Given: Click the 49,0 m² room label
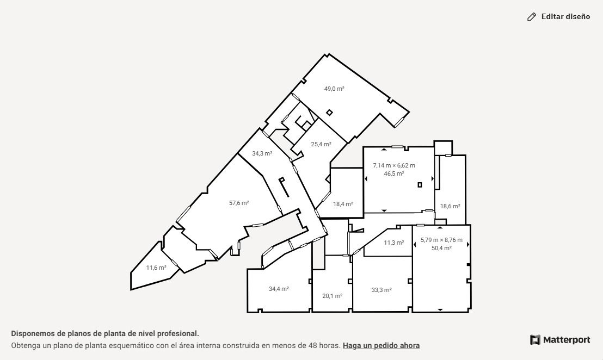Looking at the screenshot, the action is tap(334, 89).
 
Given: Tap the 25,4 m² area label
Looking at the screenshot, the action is tap(321, 145).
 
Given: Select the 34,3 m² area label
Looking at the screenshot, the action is tap(262, 153).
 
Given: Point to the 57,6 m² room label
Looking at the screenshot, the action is tap(239, 203).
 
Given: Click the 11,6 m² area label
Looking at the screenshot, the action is tap(156, 268).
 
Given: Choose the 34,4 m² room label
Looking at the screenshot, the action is tap(279, 289).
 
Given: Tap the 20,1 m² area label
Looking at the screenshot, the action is tap(333, 296).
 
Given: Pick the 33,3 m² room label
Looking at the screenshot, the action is tap(382, 290).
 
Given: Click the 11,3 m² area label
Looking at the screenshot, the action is tap(394, 243).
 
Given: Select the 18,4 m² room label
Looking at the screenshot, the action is tap(343, 204).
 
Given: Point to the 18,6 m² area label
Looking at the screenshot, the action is tap(450, 206).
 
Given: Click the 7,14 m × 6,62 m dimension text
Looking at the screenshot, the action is tap(394, 166).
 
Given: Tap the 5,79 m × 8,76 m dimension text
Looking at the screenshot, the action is tap(441, 240).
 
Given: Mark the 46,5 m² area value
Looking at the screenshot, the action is tap(394, 173).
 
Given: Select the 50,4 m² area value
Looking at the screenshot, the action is tap(441, 248).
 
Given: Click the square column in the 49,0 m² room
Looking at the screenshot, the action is tap(329, 112).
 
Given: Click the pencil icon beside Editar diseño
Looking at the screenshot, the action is tap(532, 17).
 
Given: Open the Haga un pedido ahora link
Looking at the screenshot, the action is tap(381, 345).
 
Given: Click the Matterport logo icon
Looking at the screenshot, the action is tap(535, 340).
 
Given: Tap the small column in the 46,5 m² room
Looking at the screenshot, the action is tap(420, 185).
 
